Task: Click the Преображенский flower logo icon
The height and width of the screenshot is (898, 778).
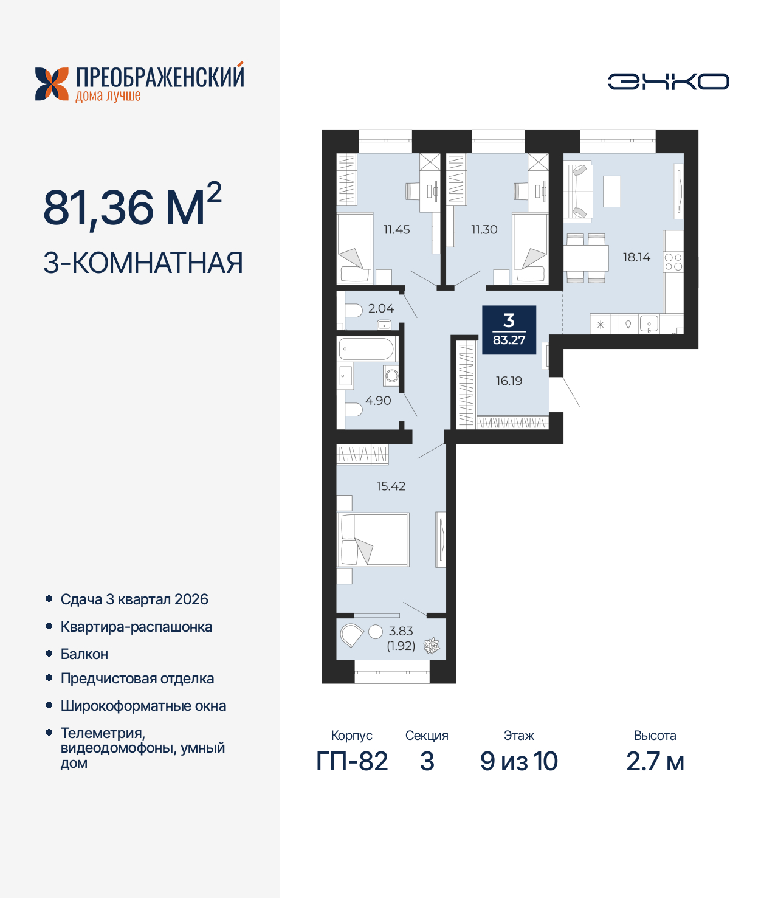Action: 52,84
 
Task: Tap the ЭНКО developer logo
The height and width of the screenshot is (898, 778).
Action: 668,81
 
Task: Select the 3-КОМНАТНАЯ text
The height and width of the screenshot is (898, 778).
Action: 143,263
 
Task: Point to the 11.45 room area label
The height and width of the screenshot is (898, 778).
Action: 396,229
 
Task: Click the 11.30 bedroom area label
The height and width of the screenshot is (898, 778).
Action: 484,229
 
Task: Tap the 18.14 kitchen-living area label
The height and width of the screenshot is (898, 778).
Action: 636,257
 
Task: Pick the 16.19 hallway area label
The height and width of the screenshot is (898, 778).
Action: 509,381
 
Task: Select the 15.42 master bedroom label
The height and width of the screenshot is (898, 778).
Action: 391,486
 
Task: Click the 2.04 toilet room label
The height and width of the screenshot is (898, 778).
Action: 381,308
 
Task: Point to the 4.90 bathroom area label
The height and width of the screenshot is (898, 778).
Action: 378,401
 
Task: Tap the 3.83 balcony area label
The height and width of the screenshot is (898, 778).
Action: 401,631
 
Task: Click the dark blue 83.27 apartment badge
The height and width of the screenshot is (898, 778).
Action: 509,330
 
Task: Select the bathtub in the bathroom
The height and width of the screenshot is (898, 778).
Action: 367,350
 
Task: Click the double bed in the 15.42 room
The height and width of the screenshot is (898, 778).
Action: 374,540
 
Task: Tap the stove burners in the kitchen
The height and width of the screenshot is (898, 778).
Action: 673,263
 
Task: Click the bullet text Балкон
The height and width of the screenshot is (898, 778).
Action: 84,654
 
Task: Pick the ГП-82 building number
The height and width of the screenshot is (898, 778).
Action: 352,762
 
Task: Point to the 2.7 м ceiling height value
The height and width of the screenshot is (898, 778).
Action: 655,762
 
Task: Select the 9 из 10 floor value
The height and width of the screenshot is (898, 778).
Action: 518,762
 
